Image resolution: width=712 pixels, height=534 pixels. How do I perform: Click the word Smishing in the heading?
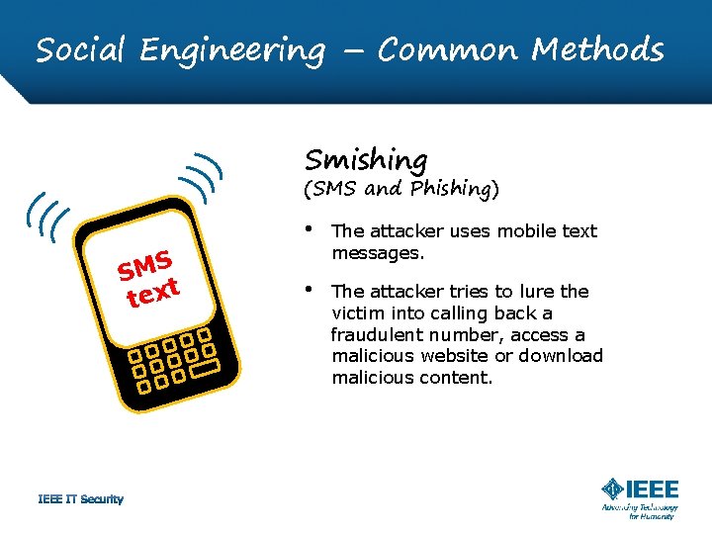[366, 159]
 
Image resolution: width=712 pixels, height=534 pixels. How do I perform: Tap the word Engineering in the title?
[231, 49]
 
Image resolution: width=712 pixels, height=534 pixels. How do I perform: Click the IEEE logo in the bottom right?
[640, 489]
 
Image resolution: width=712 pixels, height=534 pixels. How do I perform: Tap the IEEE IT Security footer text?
[81, 499]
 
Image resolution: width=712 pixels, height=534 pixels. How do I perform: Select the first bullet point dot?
[311, 230]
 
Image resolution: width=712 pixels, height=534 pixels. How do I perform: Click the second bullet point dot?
[311, 291]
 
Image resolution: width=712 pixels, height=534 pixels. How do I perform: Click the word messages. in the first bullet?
[378, 253]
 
